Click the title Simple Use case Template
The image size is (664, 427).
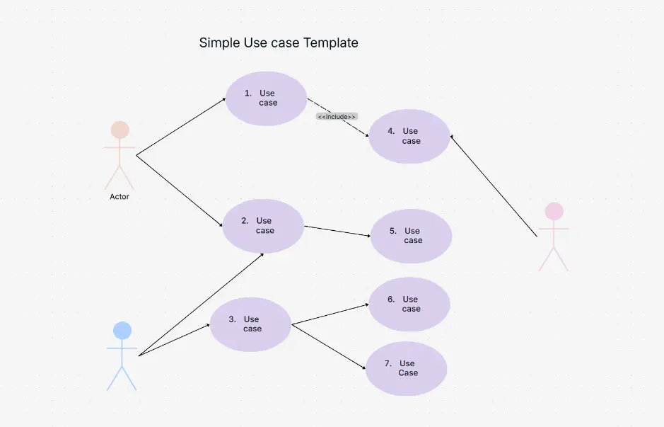(x=279, y=43)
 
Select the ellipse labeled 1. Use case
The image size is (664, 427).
(x=266, y=98)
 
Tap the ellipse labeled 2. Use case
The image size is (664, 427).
(x=263, y=226)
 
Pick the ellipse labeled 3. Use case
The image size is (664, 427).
(x=250, y=324)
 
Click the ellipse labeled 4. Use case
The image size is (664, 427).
(x=409, y=136)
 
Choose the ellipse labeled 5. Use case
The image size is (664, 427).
(x=411, y=236)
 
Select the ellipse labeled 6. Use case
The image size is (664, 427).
(x=409, y=304)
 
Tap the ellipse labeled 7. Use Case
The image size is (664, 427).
(x=406, y=368)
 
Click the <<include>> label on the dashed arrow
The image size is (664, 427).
(x=337, y=117)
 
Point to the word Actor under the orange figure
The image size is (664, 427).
(x=120, y=197)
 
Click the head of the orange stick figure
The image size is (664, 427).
(x=120, y=130)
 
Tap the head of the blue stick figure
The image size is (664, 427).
(x=122, y=330)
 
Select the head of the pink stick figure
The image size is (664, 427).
(x=554, y=211)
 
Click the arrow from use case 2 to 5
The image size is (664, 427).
(x=337, y=232)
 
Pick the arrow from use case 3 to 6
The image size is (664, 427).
(x=330, y=314)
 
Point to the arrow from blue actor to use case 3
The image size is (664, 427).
(x=175, y=340)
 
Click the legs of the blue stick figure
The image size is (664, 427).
(x=122, y=378)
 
